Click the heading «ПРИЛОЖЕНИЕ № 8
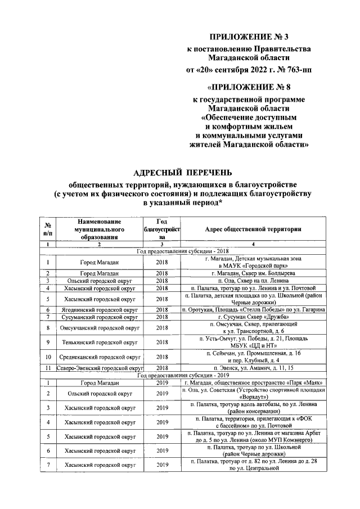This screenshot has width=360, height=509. tap(250, 87)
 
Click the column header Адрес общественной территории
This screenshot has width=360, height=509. tap(254, 229)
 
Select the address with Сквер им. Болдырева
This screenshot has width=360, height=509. tap(254, 273)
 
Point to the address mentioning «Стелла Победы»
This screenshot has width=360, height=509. tap(254, 310)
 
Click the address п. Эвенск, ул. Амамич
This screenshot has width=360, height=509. tap(254, 368)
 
